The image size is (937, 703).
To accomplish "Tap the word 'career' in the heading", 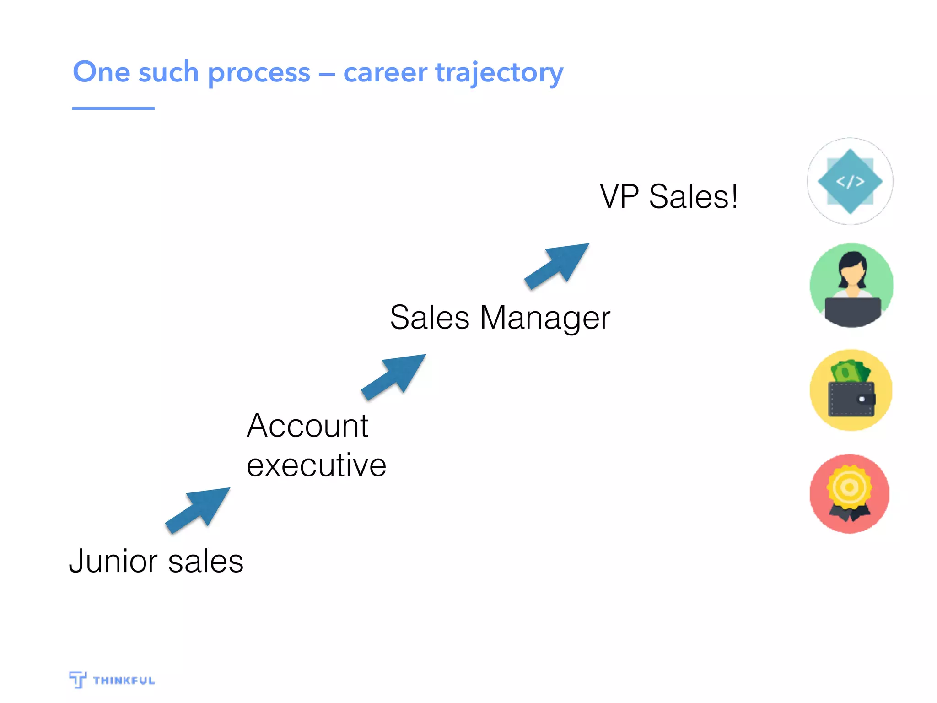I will pyautogui.click(x=385, y=73).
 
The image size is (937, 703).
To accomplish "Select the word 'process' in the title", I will pyautogui.click(x=259, y=73).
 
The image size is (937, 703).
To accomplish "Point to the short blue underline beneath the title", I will pyautogui.click(x=113, y=108).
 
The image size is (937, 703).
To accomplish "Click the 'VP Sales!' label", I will pyautogui.click(x=668, y=197).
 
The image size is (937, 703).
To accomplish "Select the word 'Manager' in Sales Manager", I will pyautogui.click(x=544, y=318).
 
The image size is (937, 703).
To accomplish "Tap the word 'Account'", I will pyautogui.click(x=307, y=426).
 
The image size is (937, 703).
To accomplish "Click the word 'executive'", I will pyautogui.click(x=316, y=465).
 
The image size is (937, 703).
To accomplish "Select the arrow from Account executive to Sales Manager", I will pyautogui.click(x=395, y=376).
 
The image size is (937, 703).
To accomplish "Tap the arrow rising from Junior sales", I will pyautogui.click(x=199, y=509).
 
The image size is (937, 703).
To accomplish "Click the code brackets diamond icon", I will pyautogui.click(x=850, y=181).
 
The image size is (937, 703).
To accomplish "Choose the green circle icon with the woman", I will pyautogui.click(x=851, y=285).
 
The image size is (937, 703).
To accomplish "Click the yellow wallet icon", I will pyautogui.click(x=851, y=390).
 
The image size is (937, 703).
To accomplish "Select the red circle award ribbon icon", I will pyautogui.click(x=850, y=493).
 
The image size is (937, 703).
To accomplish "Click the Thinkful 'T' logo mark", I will pyautogui.click(x=78, y=679).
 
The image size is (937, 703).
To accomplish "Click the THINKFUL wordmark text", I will pyautogui.click(x=124, y=681).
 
